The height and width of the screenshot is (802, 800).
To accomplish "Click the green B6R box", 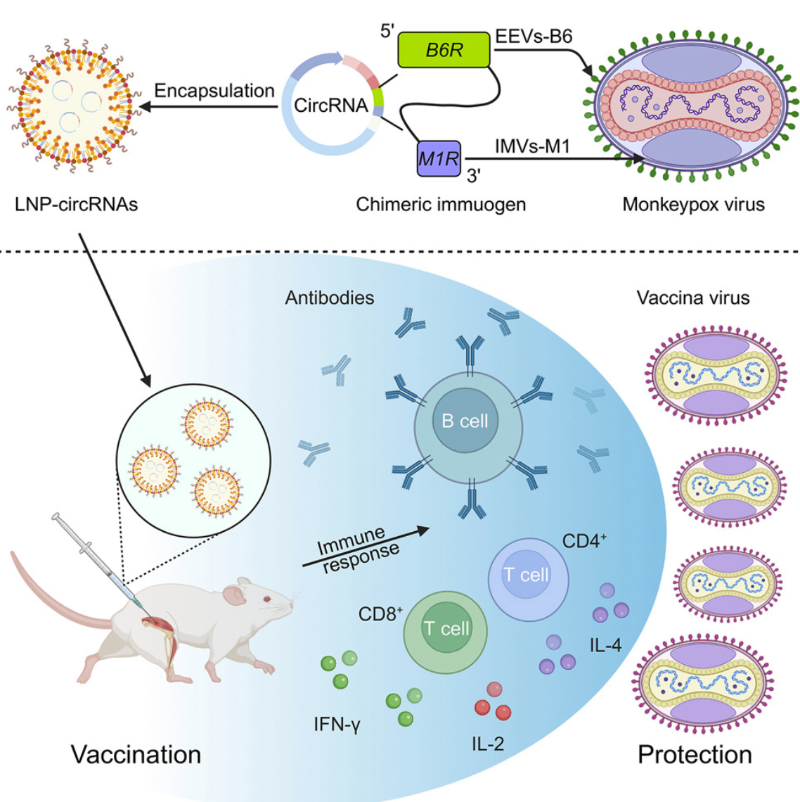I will pyautogui.click(x=444, y=50).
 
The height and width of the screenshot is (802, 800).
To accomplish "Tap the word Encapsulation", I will pyautogui.click(x=214, y=91).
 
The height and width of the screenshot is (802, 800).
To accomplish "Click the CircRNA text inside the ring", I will pyautogui.click(x=330, y=106).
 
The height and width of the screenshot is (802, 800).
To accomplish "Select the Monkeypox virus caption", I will pyautogui.click(x=693, y=205).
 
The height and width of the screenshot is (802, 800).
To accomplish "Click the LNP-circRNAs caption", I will pyautogui.click(x=76, y=205).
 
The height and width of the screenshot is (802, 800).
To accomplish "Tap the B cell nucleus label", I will pyautogui.click(x=465, y=421).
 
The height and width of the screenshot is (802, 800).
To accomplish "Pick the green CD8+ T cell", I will pyautogui.click(x=446, y=628).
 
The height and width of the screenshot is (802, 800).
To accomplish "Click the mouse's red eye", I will pyautogui.click(x=266, y=599).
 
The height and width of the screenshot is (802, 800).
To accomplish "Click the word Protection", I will pyautogui.click(x=695, y=755).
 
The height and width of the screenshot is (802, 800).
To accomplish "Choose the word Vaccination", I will pyautogui.click(x=136, y=755).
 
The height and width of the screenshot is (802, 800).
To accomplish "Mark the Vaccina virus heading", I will pyautogui.click(x=692, y=298).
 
